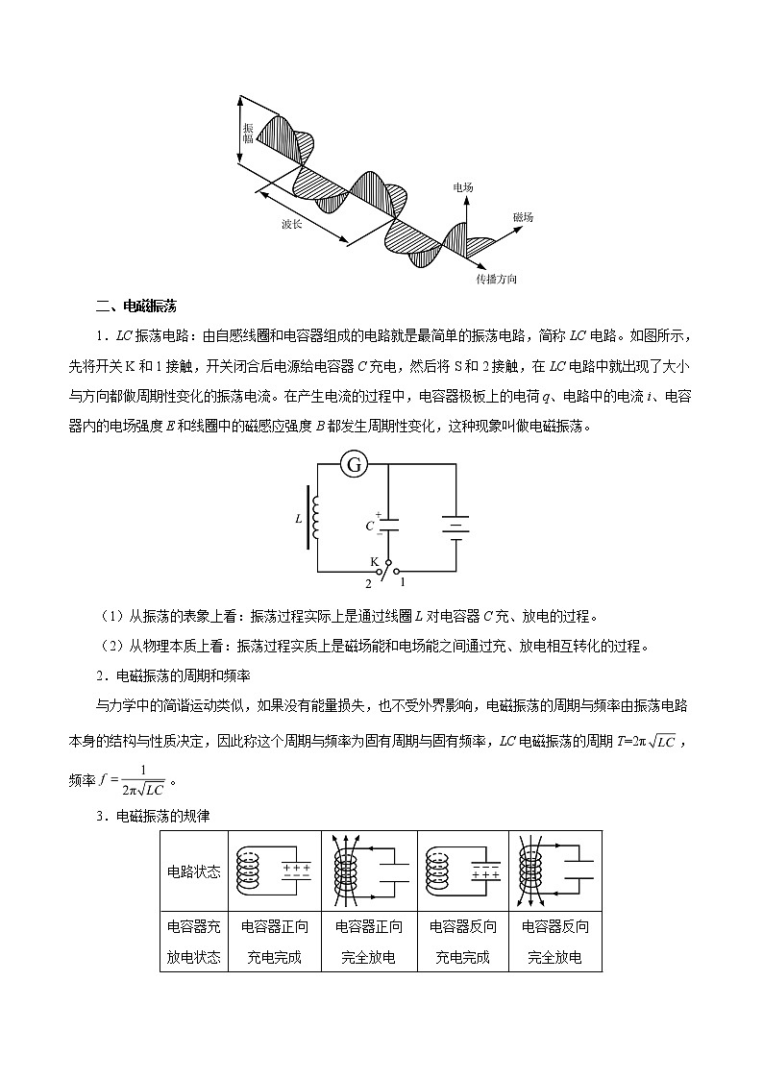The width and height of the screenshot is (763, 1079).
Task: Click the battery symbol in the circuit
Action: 455,526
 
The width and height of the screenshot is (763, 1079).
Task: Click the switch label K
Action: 375,560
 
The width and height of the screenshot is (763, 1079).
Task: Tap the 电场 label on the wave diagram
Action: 463,187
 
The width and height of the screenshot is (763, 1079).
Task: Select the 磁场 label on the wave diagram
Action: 523,218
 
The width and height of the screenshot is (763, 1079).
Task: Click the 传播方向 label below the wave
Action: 497,279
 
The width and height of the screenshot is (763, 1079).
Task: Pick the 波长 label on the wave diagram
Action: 292,224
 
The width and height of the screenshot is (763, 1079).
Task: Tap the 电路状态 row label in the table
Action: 194,871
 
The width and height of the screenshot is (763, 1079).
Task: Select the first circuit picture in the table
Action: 275,871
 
